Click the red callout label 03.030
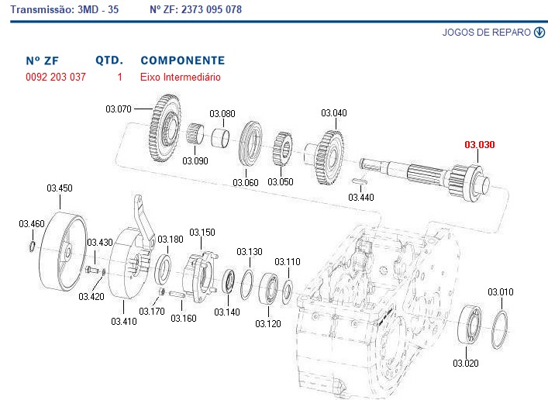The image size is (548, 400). pyautogui.click(x=480, y=144)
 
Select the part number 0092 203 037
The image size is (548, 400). pyautogui.click(x=56, y=77)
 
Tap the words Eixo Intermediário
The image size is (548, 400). pyautogui.click(x=181, y=77)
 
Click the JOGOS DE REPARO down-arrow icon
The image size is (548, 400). pyautogui.click(x=539, y=32)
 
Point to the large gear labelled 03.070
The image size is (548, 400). pyautogui.click(x=164, y=128)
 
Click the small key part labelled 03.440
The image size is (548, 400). pyautogui.click(x=360, y=181)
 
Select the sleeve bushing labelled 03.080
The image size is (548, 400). pyautogui.click(x=221, y=138)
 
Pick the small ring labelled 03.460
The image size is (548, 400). pyautogui.click(x=32, y=247)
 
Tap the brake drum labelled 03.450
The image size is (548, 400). pyautogui.click(x=62, y=252)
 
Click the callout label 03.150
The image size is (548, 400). pyautogui.click(x=202, y=232)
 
